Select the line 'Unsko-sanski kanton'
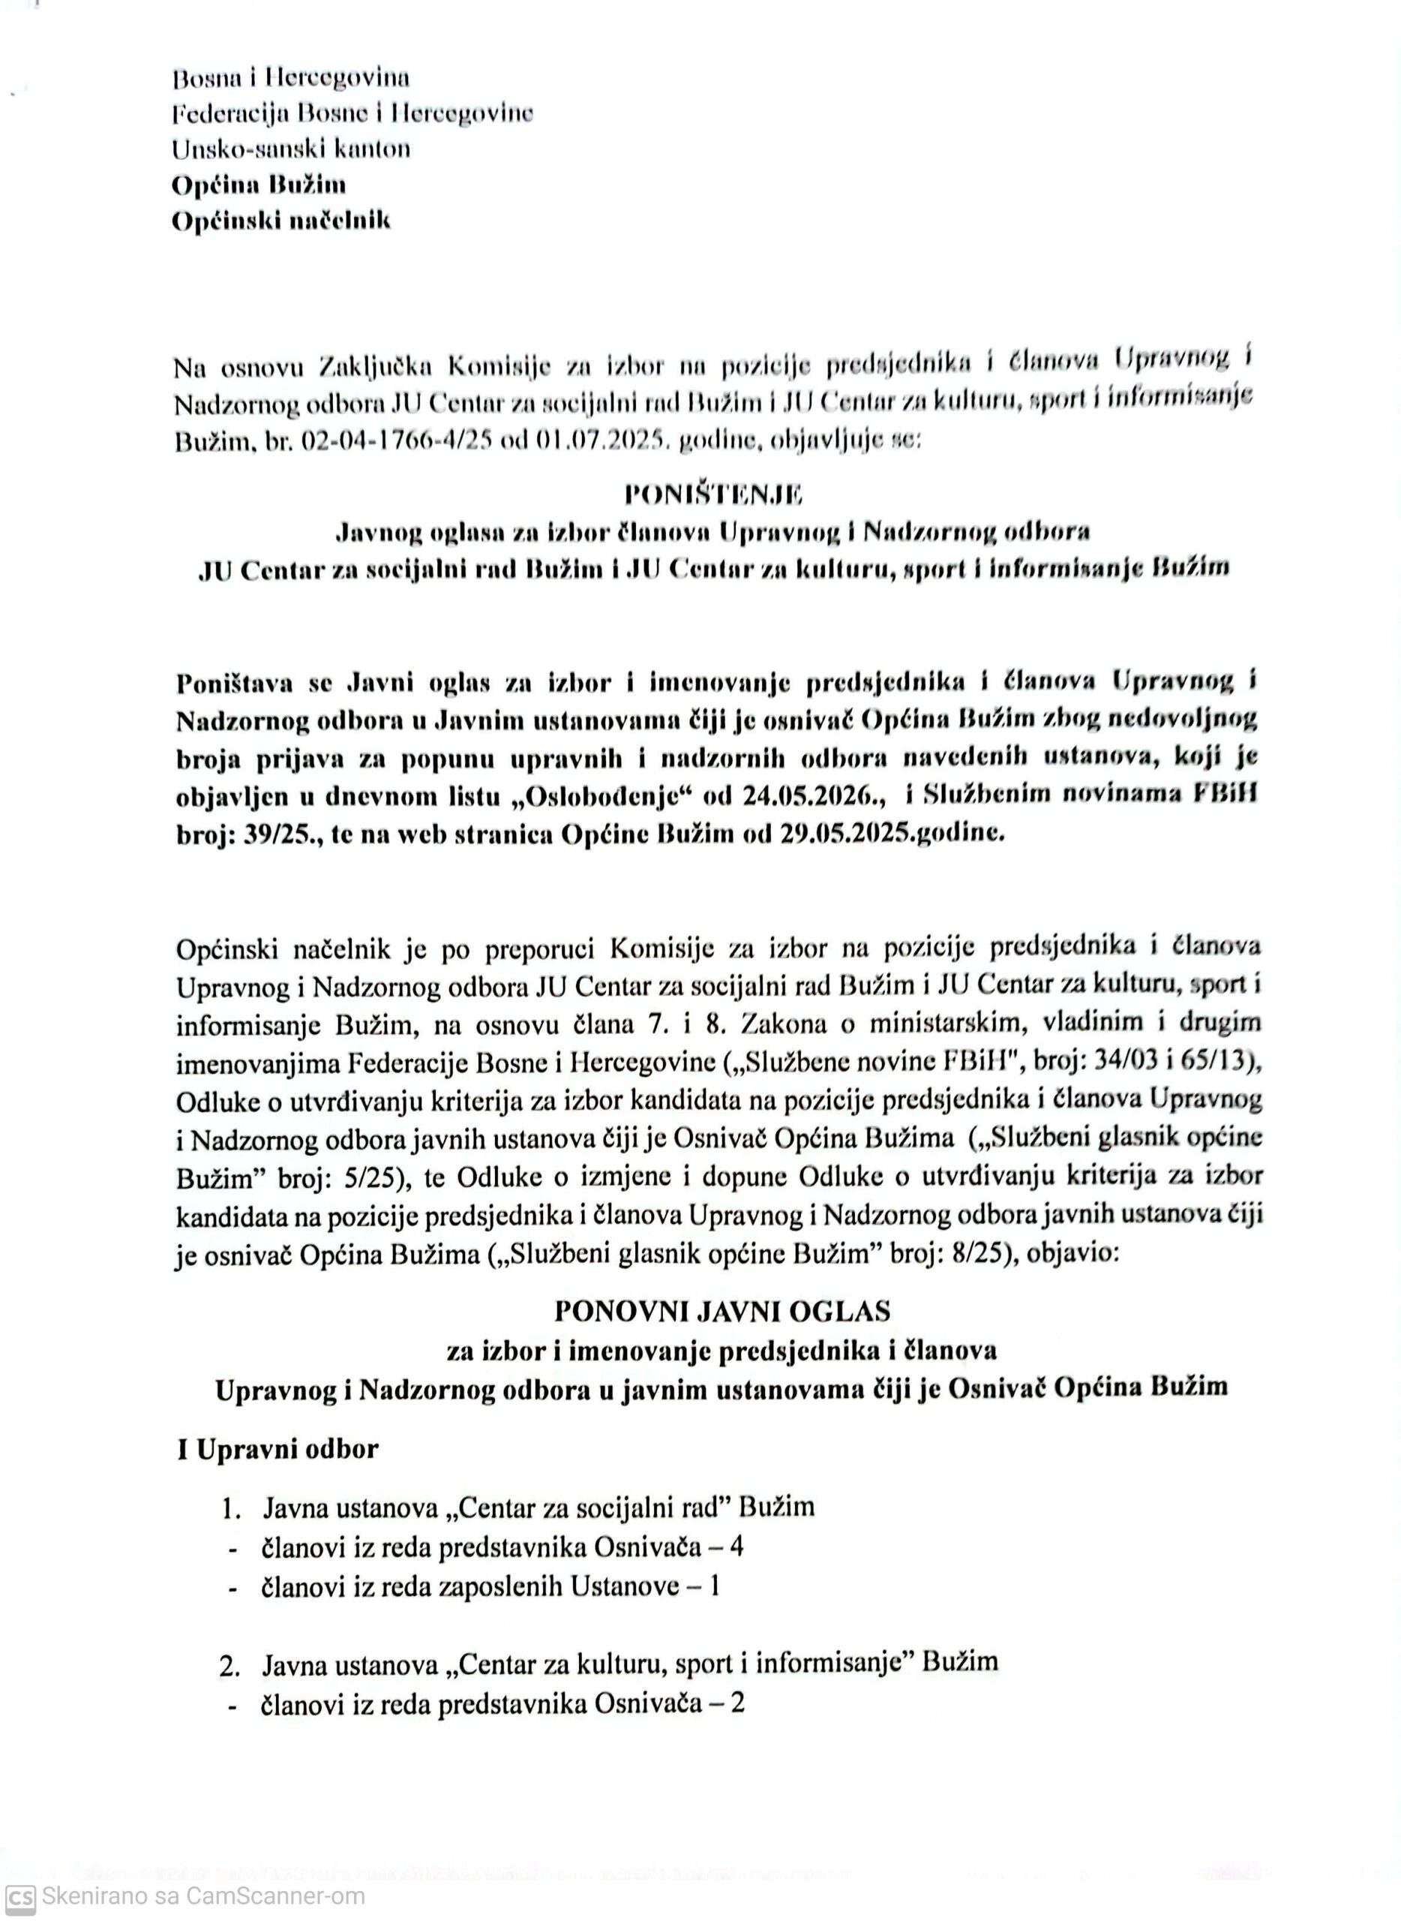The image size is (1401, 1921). pyautogui.click(x=291, y=149)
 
